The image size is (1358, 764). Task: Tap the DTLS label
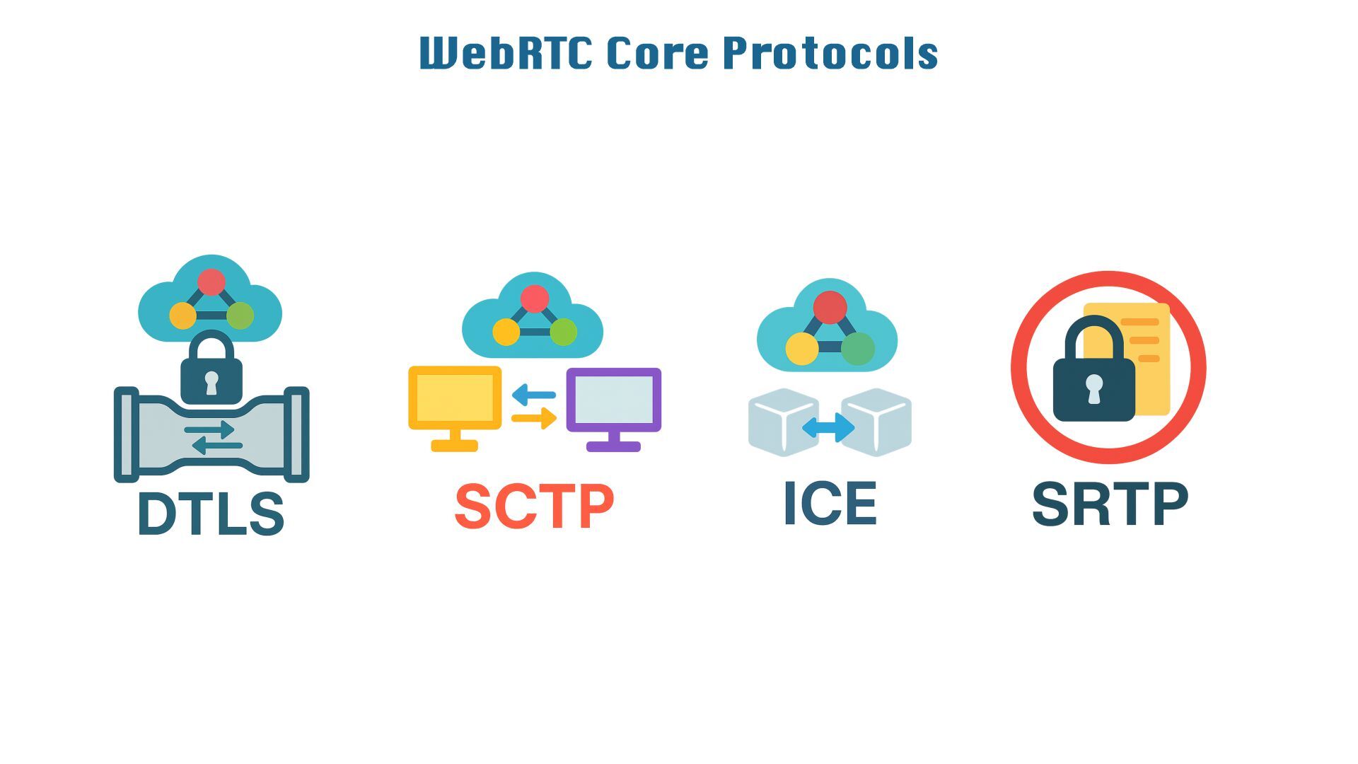coord(211,514)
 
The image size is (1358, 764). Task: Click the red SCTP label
coord(534,507)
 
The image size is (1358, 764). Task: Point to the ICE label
coord(830,504)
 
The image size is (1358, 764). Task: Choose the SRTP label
coord(1109,505)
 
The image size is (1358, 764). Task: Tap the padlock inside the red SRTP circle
coord(1093,375)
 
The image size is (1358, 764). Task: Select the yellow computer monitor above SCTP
coord(455,400)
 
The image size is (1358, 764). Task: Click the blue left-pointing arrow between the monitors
coord(533,395)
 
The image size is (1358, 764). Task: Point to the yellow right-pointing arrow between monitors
coord(534,418)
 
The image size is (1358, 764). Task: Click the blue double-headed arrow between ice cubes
coord(829,427)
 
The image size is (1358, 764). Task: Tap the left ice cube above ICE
coord(782,422)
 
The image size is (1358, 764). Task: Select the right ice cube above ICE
coord(877,422)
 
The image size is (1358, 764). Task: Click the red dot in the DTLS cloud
coord(211,282)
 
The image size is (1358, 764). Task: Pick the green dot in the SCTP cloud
coord(564,332)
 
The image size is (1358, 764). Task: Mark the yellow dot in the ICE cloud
coord(802,348)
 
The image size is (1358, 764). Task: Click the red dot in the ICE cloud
coord(830,308)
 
